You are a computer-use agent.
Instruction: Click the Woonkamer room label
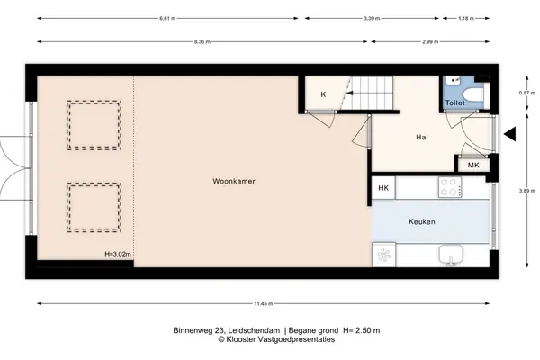click(x=234, y=181)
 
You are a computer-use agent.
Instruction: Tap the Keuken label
click(x=422, y=222)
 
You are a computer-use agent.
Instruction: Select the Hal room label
click(x=422, y=138)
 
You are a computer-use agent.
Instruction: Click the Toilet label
click(x=454, y=103)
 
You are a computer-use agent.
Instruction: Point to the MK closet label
click(x=473, y=166)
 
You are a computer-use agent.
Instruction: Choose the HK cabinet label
click(x=383, y=188)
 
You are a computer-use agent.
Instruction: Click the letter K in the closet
click(x=323, y=94)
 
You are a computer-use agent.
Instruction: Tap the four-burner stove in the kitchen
click(x=450, y=187)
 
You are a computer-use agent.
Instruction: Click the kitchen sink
click(x=451, y=255)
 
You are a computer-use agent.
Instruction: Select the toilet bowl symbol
click(x=473, y=94)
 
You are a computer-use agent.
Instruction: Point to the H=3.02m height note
click(x=118, y=254)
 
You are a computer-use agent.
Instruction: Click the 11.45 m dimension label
click(x=264, y=304)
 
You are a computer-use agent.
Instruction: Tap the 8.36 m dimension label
click(x=202, y=42)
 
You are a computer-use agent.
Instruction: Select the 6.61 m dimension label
click(x=167, y=19)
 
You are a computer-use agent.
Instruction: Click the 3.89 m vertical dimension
click(x=526, y=191)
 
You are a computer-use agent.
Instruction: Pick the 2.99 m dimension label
click(x=430, y=42)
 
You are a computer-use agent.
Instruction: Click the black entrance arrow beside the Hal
click(x=510, y=134)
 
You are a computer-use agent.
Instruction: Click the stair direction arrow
click(x=349, y=93)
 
